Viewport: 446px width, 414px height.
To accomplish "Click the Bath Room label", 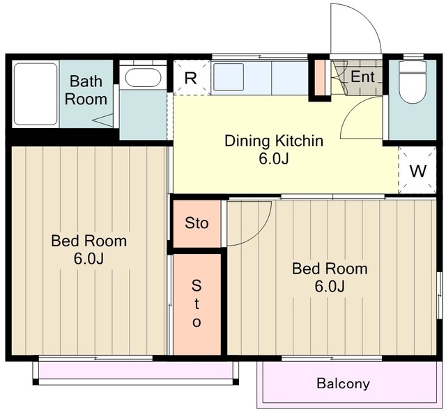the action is [x=86, y=90].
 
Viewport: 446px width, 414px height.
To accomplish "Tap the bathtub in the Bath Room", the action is [x=36, y=94].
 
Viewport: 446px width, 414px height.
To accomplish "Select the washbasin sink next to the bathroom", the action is [x=143, y=77].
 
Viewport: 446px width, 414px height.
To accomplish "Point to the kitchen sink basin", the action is [x=229, y=77].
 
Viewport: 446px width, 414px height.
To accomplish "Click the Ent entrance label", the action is [x=362, y=77].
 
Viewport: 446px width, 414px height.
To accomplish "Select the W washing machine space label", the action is [x=418, y=171].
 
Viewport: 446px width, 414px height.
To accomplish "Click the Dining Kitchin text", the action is [x=274, y=141].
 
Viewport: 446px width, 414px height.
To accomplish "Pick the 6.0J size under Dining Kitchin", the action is [x=274, y=159].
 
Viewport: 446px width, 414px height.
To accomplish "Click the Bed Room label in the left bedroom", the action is [x=89, y=241].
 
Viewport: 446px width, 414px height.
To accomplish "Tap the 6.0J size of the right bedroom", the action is [x=330, y=286].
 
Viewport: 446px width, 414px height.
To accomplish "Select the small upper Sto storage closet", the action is [x=197, y=224].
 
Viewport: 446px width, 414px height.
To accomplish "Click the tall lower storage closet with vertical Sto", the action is [x=197, y=304].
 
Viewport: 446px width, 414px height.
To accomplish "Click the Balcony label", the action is [x=343, y=383].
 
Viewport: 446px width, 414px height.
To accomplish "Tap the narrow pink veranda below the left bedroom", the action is [x=136, y=370].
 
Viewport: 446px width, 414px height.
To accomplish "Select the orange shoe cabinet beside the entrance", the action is [x=320, y=77].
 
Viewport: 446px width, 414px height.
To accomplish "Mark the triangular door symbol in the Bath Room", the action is [x=102, y=120].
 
